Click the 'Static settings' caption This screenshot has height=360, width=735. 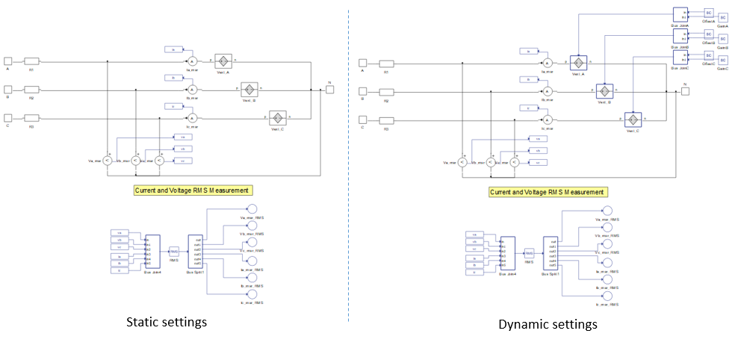click(166, 322)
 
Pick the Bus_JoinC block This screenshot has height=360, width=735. click(680, 57)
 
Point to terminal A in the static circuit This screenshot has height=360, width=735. click(7, 61)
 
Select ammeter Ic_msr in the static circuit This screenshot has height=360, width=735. click(191, 118)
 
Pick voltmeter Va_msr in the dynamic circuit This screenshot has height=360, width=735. click(462, 161)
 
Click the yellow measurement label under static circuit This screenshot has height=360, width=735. click(191, 190)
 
